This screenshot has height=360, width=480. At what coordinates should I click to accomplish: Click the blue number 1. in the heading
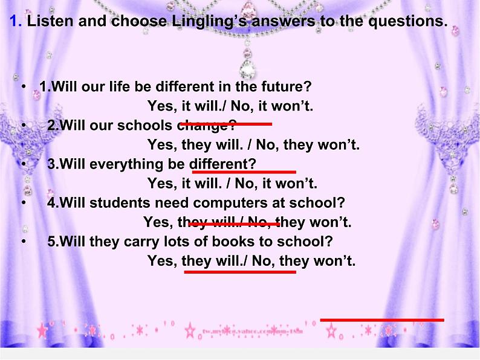click(x=16, y=22)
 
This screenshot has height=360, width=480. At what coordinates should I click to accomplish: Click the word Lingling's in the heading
click(x=195, y=22)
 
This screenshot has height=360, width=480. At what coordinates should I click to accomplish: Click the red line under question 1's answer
click(x=227, y=124)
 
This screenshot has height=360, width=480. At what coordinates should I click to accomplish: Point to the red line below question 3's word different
click(x=244, y=172)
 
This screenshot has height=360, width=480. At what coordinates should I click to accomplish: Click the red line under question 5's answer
click(x=239, y=272)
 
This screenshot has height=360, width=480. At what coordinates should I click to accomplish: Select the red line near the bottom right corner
click(x=381, y=320)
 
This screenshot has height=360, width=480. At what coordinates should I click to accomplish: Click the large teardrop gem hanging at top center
click(x=246, y=67)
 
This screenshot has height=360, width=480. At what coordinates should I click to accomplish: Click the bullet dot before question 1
click(x=24, y=86)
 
